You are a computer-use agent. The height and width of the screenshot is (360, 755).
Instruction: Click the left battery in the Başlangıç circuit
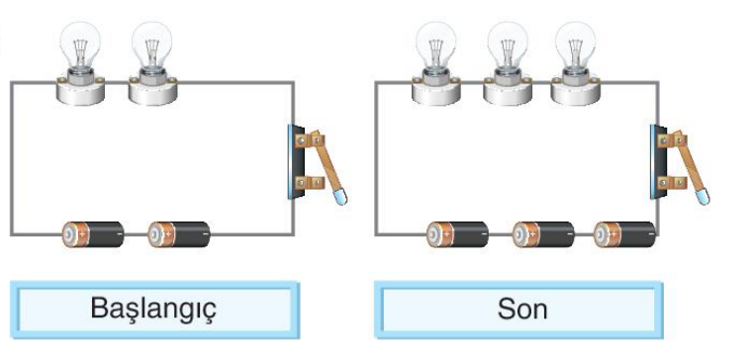tap(93, 234)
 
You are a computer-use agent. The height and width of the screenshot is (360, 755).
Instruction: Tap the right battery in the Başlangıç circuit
tap(179, 234)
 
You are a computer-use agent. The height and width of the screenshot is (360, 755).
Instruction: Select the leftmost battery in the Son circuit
tap(457, 234)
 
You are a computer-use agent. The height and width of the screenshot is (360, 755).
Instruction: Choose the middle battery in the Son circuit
tap(543, 234)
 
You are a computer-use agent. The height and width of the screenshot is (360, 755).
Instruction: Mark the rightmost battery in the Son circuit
tap(624, 234)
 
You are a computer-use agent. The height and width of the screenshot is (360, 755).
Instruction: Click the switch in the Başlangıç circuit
tap(317, 163)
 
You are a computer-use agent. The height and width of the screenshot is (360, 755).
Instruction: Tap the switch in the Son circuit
tap(680, 163)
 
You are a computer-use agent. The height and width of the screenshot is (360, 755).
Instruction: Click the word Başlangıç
tap(153, 309)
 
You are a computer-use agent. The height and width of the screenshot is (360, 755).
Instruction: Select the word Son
tap(522, 309)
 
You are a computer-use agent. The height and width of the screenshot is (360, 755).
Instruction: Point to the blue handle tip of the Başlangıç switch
tap(340, 198)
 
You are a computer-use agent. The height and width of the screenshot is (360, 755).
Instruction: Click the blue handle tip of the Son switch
tap(703, 198)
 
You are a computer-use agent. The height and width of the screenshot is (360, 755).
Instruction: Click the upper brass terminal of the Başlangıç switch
tap(310, 140)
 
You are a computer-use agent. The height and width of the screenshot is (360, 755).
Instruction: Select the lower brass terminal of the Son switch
tap(672, 183)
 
